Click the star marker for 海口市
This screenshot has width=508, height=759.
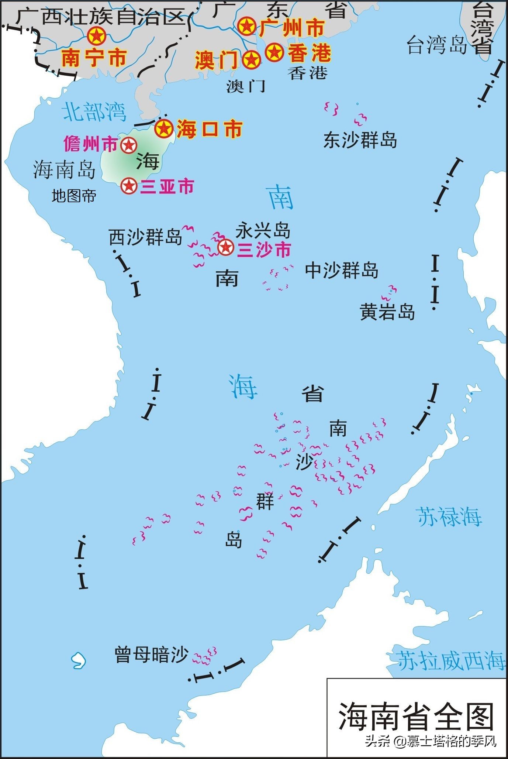[x=164, y=128]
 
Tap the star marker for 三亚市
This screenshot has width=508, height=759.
[x=129, y=186]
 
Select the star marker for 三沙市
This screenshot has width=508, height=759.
[x=225, y=247]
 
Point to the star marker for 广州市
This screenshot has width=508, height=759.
[x=246, y=26]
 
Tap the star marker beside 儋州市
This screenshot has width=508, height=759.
[x=128, y=145]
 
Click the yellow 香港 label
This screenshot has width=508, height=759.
[x=309, y=53]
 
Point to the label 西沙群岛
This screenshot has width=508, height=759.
[x=145, y=237]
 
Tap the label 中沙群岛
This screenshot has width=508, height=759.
[x=341, y=271]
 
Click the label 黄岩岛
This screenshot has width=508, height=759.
[x=387, y=312]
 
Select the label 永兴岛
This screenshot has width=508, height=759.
[x=263, y=231]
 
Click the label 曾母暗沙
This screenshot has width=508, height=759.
[x=151, y=655]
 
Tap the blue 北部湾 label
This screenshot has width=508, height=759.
[x=94, y=112]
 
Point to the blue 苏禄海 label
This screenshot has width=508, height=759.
[x=449, y=516]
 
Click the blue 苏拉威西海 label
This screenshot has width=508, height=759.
[x=451, y=660]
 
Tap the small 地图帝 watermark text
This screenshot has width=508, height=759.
[x=74, y=196]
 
